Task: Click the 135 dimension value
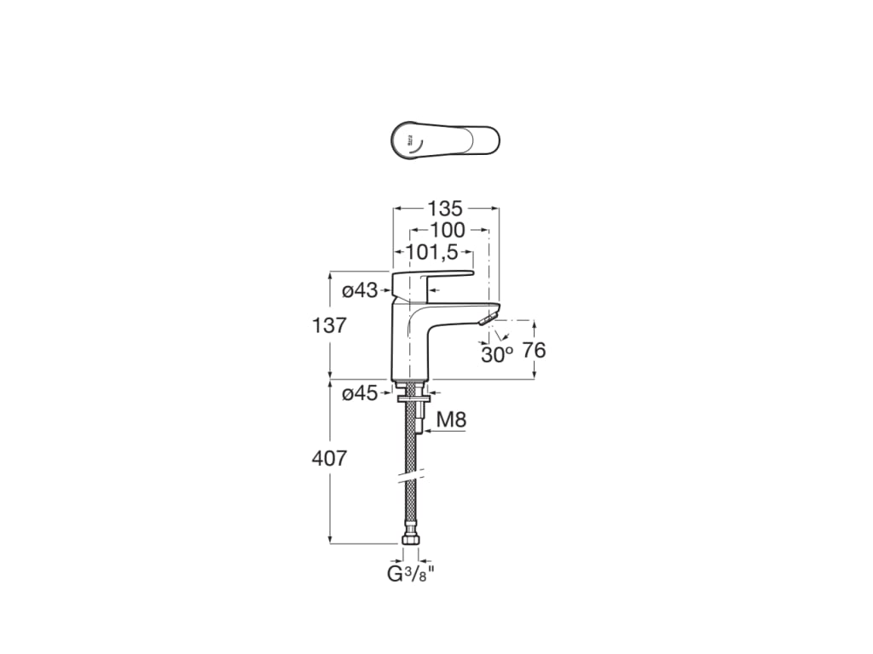445,208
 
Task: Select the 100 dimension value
448,230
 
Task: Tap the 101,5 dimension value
432,252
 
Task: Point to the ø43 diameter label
360,291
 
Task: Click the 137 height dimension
329,325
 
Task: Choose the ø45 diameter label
360,393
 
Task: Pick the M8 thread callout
451,419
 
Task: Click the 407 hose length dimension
329,458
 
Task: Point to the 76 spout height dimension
534,350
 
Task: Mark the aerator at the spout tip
487,318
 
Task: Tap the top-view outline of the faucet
444,140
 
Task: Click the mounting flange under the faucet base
411,394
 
